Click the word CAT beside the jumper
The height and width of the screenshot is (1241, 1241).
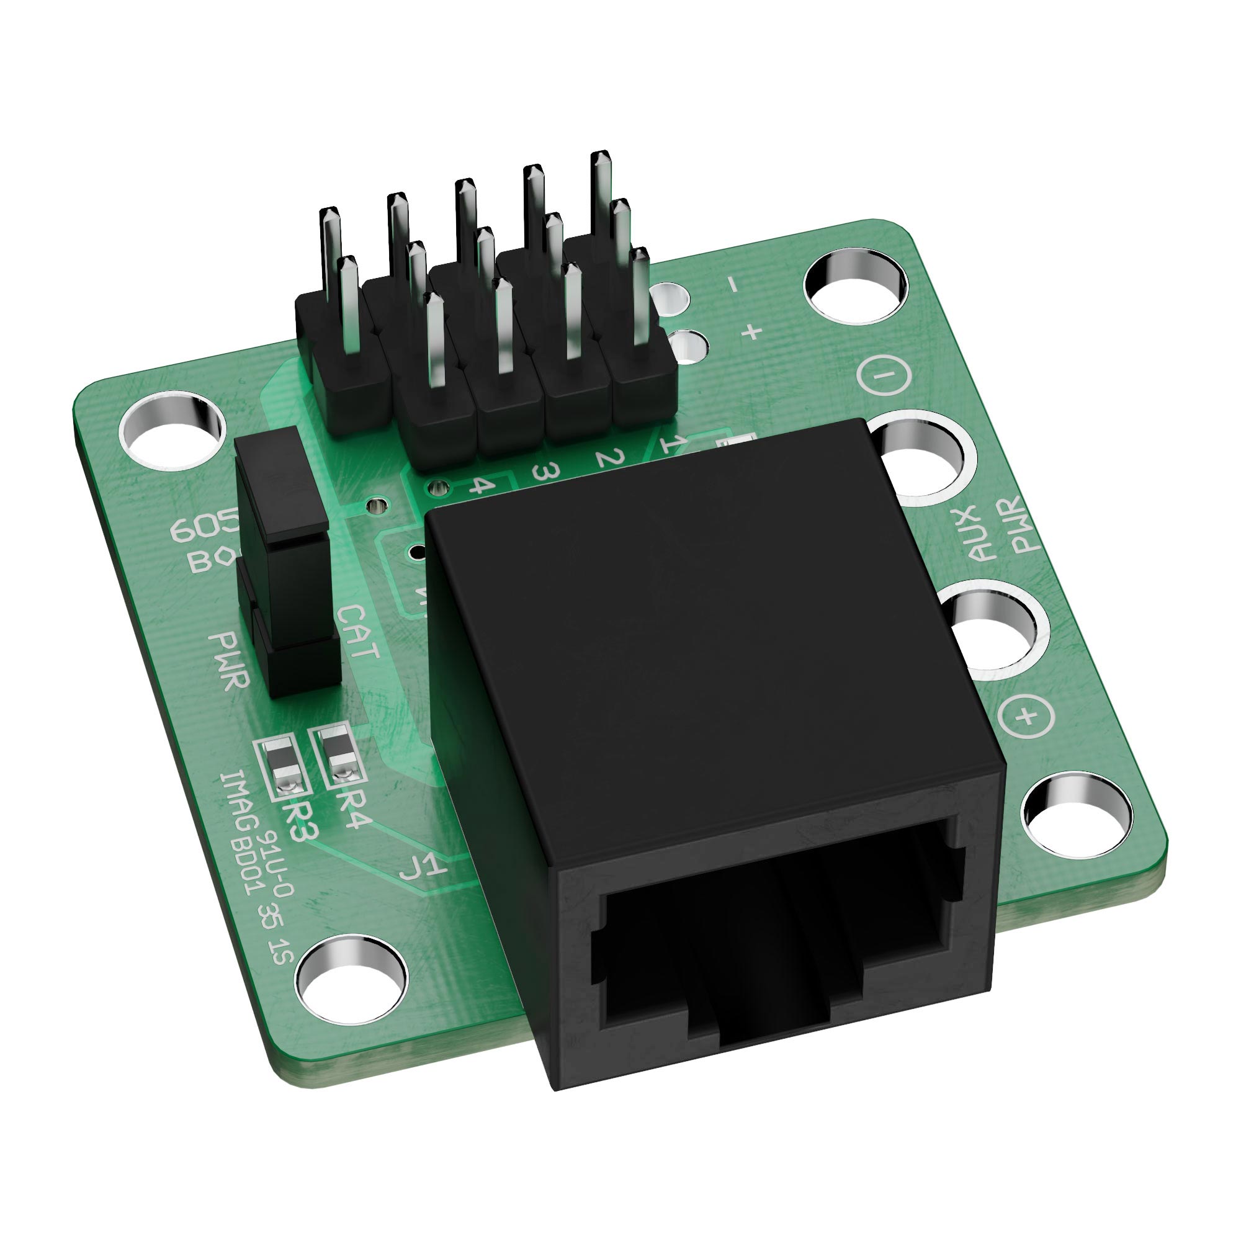tap(359, 633)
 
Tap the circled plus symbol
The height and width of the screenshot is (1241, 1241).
tap(1028, 715)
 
